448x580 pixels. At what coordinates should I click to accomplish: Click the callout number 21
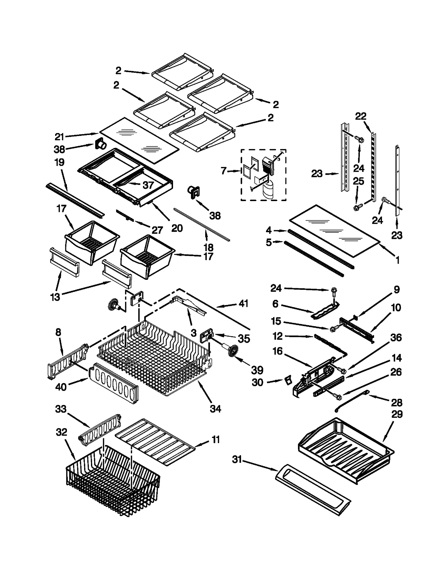[59, 137]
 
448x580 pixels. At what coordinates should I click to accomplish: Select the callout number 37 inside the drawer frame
[148, 185]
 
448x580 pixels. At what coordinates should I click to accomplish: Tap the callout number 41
[243, 303]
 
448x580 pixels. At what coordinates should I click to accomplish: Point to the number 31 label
[237, 460]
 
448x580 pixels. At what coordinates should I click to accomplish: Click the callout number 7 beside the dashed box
[223, 171]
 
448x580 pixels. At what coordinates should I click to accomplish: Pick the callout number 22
[361, 116]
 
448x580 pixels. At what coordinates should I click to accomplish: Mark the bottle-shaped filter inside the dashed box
[268, 190]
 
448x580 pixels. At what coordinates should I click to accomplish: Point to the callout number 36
[396, 337]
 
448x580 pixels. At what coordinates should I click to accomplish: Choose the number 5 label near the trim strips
[269, 242]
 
